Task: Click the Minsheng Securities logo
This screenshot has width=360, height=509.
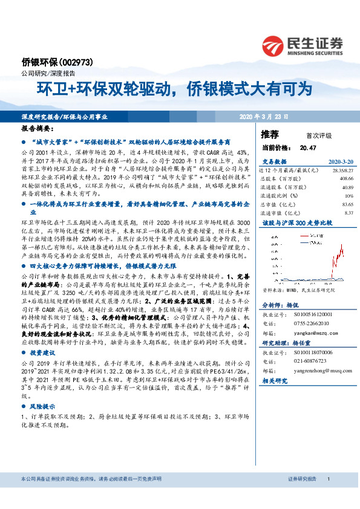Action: (x=302, y=44)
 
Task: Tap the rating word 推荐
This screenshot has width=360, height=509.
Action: (x=270, y=134)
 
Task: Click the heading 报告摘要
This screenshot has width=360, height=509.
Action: (x=38, y=129)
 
